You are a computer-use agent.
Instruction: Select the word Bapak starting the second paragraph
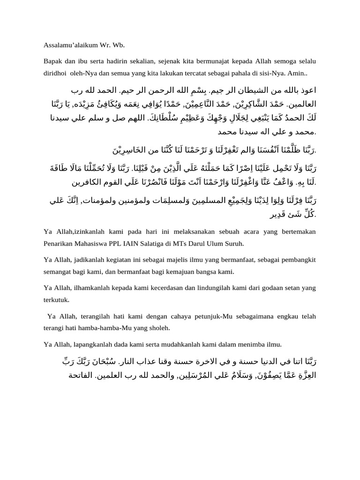(53, 61)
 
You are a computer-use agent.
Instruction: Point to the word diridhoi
(55, 74)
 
